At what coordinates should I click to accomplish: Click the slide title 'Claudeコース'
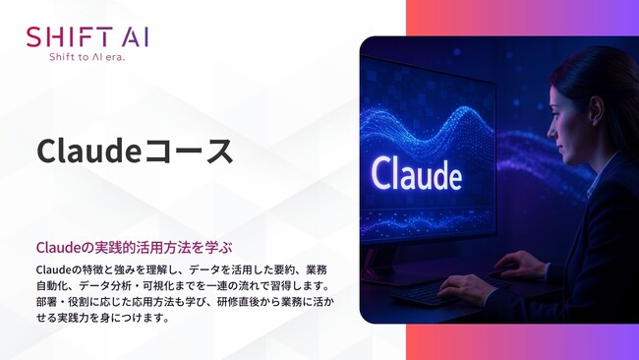135,150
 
